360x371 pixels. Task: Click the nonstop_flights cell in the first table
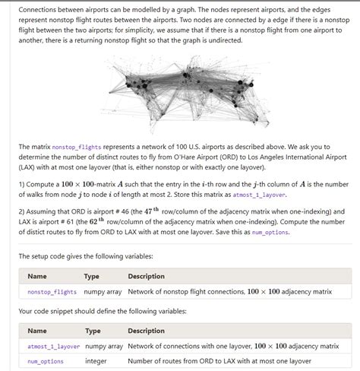[x=52, y=291]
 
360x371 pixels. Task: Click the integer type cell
[x=96, y=361]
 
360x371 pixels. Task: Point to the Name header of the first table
[x=36, y=276]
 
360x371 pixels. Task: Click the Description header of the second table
[x=147, y=331]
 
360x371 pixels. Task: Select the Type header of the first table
[x=91, y=276]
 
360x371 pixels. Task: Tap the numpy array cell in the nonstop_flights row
[x=103, y=291]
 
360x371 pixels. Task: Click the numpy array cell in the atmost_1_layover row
[x=103, y=346]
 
